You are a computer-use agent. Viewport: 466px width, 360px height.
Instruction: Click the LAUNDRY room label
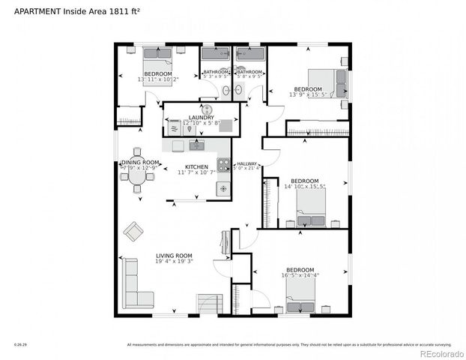(202, 118)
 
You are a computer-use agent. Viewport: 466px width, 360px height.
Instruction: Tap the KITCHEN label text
(196, 166)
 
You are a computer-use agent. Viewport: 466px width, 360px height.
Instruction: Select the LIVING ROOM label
(174, 256)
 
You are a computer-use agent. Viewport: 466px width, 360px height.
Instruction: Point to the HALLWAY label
(247, 163)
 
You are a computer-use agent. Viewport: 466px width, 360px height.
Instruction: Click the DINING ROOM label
(140, 163)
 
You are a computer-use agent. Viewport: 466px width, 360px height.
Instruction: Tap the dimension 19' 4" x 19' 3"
(174, 262)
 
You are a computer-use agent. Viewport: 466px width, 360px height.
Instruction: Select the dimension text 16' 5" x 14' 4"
(299, 275)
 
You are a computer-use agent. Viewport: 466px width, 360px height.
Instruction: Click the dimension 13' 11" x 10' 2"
(157, 79)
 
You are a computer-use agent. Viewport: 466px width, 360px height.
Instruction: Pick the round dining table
(138, 170)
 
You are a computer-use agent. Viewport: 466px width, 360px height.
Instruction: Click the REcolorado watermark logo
(441, 353)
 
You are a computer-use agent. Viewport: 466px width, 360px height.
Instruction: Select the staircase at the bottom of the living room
(210, 303)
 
